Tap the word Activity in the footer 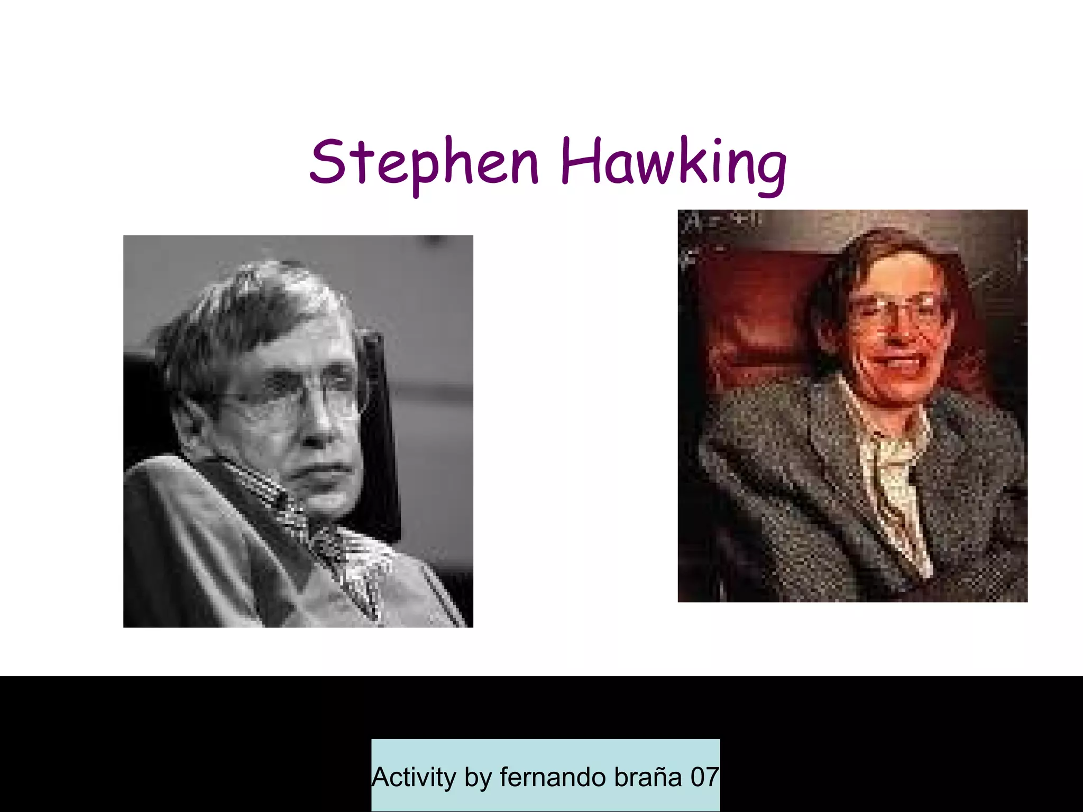414,777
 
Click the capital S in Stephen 327,161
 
